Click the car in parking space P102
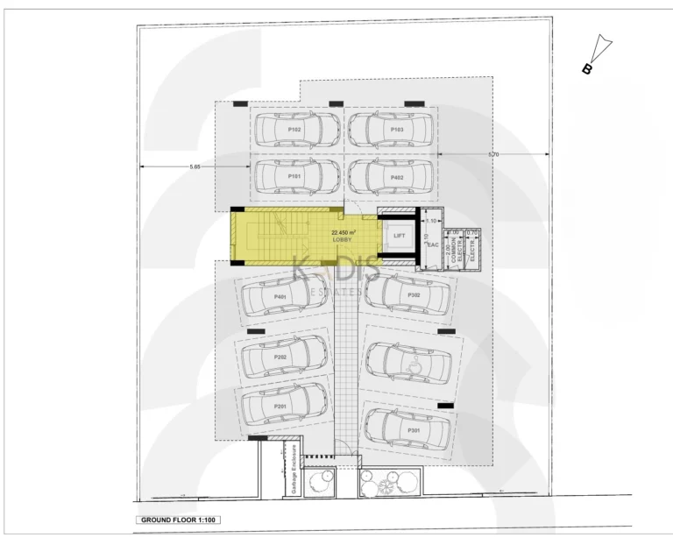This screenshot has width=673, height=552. (x=296, y=129)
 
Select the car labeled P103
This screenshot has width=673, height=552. (x=392, y=129)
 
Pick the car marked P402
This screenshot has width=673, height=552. (x=392, y=176)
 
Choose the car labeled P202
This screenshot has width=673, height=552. (x=281, y=357)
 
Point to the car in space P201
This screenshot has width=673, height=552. (x=281, y=406)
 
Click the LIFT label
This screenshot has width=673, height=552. (x=399, y=237)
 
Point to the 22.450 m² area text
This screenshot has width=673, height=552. (x=343, y=232)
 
